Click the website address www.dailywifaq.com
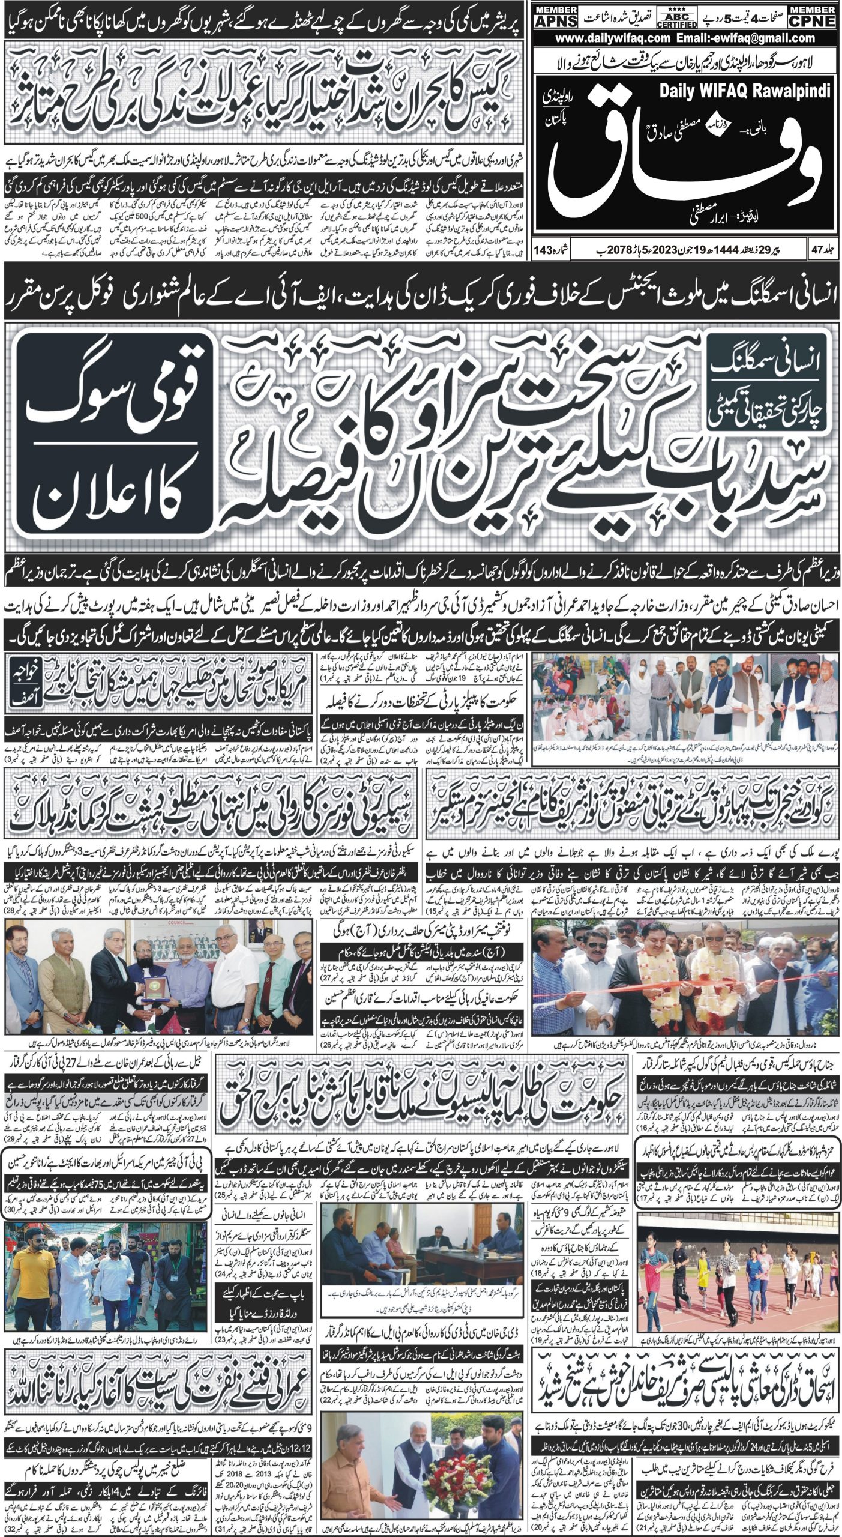click(x=612, y=38)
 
